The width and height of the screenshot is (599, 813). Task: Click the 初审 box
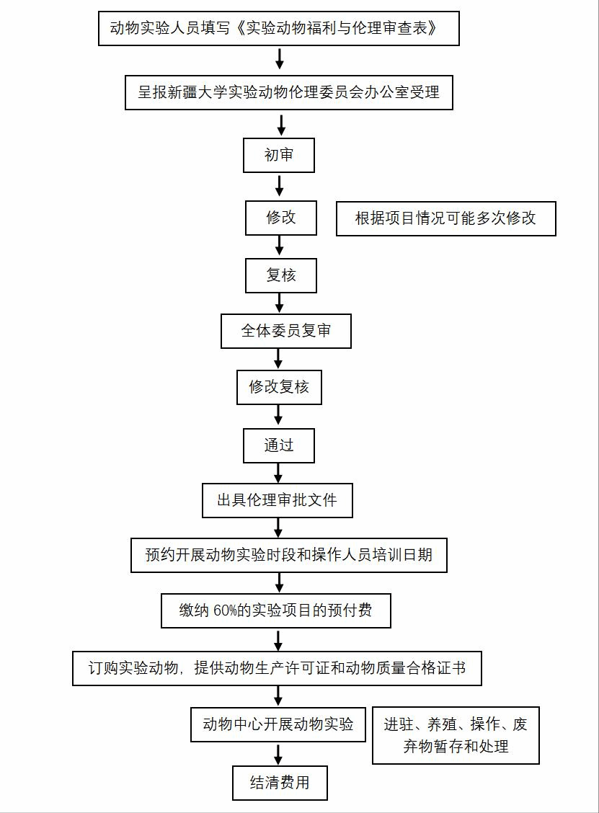[x=279, y=155]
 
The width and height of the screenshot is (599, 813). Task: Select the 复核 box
[x=281, y=275]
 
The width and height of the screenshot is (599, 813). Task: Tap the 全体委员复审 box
[x=286, y=331]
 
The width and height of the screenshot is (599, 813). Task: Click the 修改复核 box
[x=279, y=387]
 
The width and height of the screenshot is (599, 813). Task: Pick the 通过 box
[x=279, y=445]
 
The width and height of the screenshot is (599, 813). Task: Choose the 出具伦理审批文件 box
[x=278, y=500]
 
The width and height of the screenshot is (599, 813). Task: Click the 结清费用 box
[x=280, y=783]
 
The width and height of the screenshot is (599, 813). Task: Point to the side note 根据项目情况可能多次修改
[x=446, y=219]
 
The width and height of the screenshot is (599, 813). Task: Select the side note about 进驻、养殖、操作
[x=456, y=735]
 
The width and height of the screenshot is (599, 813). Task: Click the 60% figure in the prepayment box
[x=225, y=610]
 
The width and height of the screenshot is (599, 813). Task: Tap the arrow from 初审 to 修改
[x=280, y=186]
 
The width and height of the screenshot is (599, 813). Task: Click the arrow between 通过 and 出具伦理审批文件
[x=278, y=473]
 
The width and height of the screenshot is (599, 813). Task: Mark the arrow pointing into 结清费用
[x=278, y=755]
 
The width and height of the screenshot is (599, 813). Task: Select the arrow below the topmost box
[x=280, y=59]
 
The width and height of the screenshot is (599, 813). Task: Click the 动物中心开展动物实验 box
[x=278, y=724]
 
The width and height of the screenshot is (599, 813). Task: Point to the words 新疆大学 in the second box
[x=198, y=92]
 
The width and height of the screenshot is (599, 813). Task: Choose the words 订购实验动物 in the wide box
[x=133, y=668]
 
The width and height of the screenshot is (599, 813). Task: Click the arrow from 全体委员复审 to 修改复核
[x=278, y=359]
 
